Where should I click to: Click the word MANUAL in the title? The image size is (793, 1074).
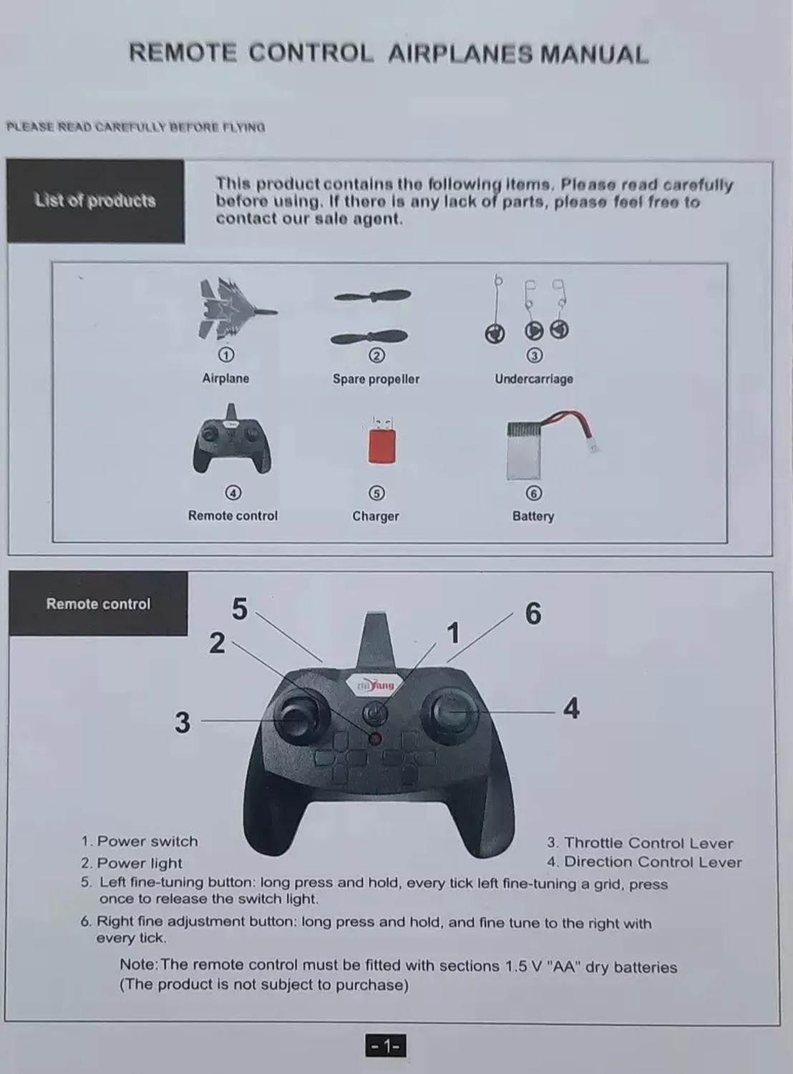[594, 54]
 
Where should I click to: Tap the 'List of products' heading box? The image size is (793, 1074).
[95, 201]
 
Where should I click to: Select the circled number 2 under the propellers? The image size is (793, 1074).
[377, 355]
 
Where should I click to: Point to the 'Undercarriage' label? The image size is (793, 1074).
[533, 379]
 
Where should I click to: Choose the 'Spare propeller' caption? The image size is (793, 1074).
[376, 379]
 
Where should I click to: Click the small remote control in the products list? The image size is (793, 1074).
[232, 440]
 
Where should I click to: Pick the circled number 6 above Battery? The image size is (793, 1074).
[533, 493]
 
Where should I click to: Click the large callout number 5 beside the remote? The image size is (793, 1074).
[240, 609]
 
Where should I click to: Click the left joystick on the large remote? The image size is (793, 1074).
[301, 717]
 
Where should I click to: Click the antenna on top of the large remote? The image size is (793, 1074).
[377, 640]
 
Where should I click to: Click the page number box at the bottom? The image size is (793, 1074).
[385, 1046]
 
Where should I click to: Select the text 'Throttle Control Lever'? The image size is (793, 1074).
[648, 843]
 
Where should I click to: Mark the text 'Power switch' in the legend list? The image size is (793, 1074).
[147, 841]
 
